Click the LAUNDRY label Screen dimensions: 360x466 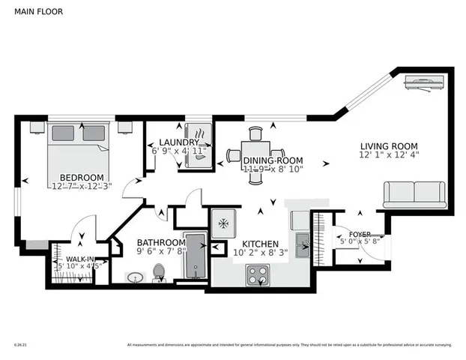179,142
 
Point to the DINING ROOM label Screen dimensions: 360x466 273,160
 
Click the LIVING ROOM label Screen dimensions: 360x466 388,146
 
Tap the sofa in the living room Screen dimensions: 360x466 414,194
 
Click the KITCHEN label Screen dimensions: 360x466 259,244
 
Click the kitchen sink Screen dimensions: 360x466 302,241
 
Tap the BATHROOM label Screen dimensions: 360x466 160,242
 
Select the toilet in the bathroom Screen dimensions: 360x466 159,273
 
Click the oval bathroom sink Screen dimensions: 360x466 136,278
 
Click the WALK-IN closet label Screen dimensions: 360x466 79,259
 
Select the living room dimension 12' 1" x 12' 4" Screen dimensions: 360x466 388,156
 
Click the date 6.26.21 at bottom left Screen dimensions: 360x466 20,346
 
